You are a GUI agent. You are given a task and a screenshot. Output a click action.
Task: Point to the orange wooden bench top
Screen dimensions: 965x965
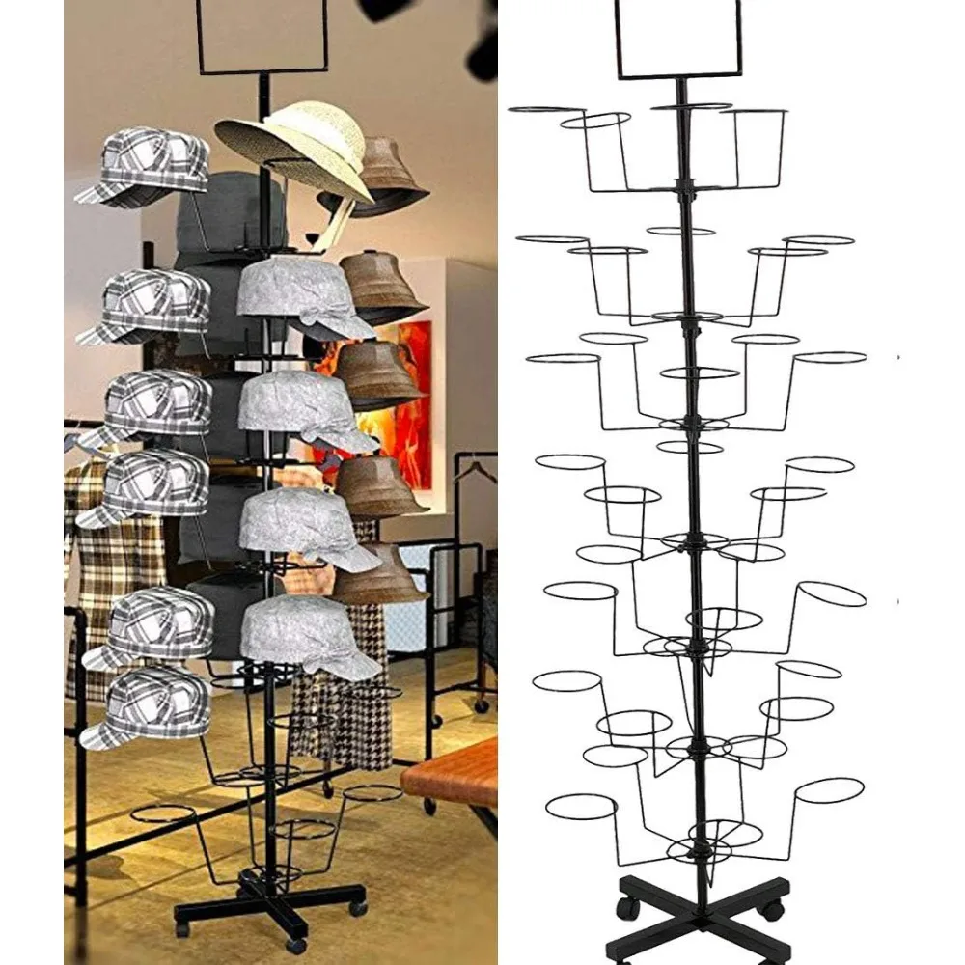454,772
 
